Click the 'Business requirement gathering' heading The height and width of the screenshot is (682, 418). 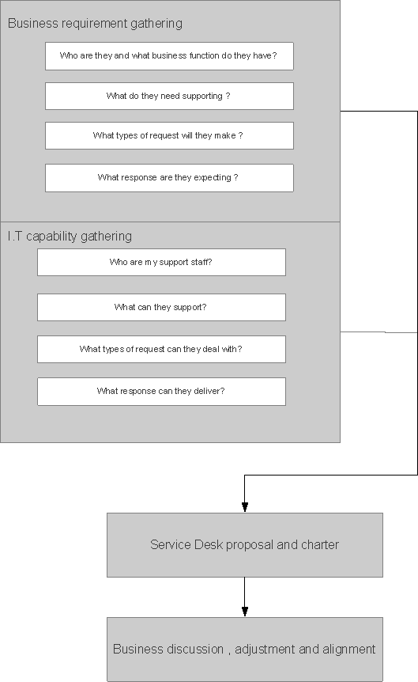(95, 24)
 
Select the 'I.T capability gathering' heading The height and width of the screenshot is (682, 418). (70, 236)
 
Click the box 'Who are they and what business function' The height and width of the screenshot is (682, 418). (169, 56)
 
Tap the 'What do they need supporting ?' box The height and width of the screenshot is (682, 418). (169, 97)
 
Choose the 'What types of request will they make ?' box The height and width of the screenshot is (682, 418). (169, 136)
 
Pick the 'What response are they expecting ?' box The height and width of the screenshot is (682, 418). (169, 178)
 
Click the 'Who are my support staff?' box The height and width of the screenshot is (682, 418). (161, 263)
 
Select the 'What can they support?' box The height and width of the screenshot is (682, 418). (161, 308)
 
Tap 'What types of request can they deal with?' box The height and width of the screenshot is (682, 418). (161, 350)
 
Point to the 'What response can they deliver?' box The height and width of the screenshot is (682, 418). (161, 392)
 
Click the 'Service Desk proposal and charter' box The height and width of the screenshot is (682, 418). (245, 545)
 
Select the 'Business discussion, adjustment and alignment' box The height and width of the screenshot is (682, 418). (245, 650)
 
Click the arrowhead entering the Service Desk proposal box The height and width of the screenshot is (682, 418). (245, 506)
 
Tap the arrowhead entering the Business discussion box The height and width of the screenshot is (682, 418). (245, 611)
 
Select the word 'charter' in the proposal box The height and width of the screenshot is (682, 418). (319, 545)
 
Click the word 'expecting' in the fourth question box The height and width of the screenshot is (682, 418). (211, 178)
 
